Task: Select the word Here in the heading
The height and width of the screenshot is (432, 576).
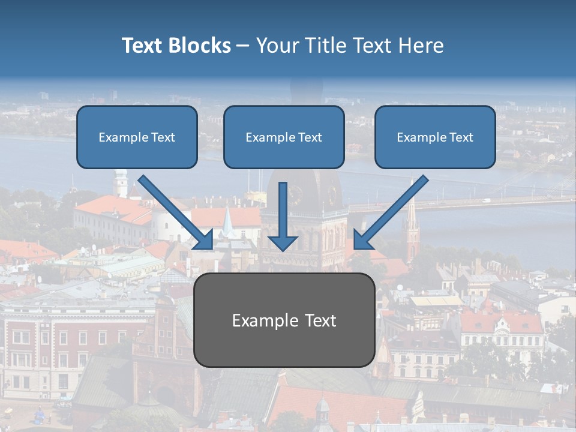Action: click(x=422, y=46)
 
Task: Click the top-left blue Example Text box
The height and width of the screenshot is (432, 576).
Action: click(x=137, y=137)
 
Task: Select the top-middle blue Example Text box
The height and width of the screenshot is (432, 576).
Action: click(x=284, y=137)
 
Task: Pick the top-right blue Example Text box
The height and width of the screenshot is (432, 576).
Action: click(x=435, y=137)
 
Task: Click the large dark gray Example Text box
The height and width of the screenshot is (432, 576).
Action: click(x=284, y=320)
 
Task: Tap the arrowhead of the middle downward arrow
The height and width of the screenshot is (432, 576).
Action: click(x=283, y=241)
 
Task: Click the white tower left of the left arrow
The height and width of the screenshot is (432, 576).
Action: click(x=121, y=183)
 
